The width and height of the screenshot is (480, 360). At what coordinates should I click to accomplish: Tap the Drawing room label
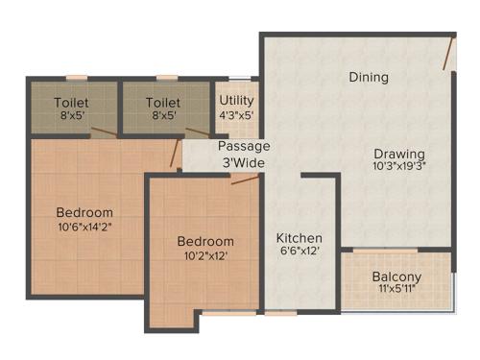point(399,154)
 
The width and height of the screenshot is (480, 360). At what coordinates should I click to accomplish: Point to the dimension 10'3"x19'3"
point(399,166)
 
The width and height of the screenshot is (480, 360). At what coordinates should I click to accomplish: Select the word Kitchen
point(300,238)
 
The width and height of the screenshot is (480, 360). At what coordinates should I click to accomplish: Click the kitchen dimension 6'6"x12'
point(300,252)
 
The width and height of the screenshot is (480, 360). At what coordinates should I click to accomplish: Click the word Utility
point(236,100)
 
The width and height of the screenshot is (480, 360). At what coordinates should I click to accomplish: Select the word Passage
point(244,146)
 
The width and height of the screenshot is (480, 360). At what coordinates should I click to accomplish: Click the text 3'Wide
point(244,162)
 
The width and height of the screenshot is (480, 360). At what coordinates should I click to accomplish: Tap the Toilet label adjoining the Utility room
point(163,101)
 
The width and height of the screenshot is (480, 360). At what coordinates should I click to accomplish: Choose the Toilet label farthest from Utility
point(72,101)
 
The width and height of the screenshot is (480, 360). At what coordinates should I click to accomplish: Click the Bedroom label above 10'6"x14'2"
point(84,212)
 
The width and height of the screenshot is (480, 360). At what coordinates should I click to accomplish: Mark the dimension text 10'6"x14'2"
point(84,227)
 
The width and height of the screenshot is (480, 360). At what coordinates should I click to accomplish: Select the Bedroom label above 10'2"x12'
point(205,241)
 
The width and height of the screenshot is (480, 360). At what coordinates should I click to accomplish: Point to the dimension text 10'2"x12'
point(205,255)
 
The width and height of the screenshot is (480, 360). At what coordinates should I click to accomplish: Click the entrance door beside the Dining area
point(447,55)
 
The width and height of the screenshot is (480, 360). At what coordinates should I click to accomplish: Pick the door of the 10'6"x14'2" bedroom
point(175,154)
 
